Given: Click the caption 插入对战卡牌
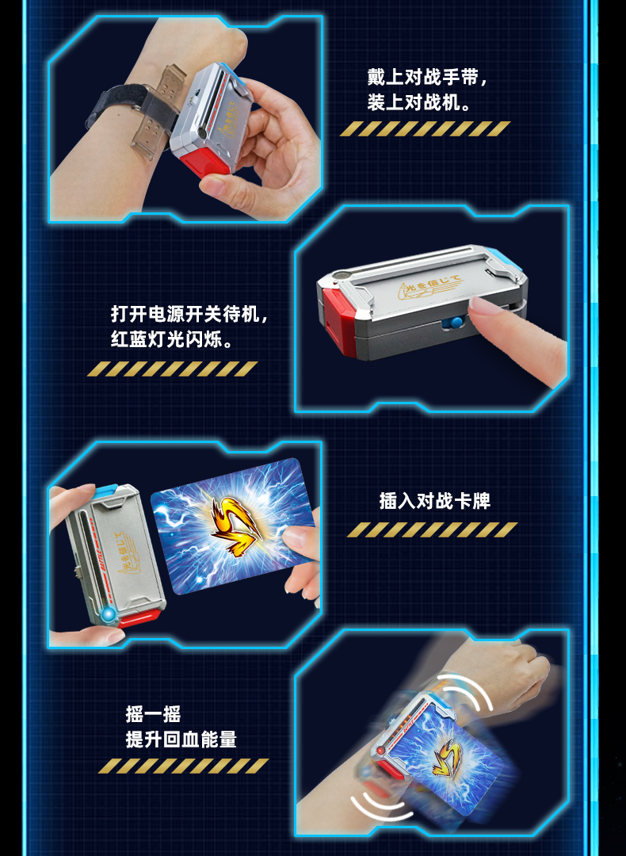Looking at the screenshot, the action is pyautogui.click(x=435, y=501).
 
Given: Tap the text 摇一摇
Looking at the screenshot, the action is pyautogui.click(x=153, y=714).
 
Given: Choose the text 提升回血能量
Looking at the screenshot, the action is pyautogui.click(x=181, y=739).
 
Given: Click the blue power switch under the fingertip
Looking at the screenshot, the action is pyautogui.click(x=455, y=324).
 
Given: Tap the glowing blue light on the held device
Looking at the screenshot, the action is pyautogui.click(x=108, y=615).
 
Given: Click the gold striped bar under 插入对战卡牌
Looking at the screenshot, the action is pyautogui.click(x=432, y=529).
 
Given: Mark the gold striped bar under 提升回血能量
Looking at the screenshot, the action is pyautogui.click(x=183, y=766).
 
